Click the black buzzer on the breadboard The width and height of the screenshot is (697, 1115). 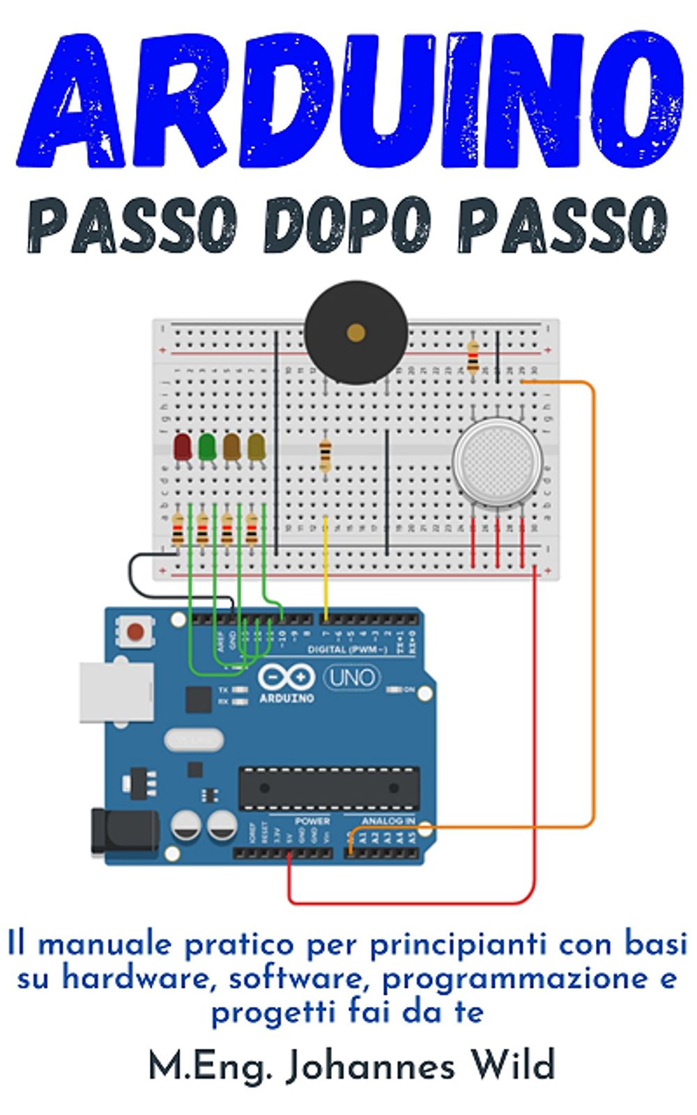[356, 332]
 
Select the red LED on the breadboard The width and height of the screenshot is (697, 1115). [182, 447]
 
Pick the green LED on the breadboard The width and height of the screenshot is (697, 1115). [207, 447]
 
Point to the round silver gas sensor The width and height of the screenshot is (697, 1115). [497, 460]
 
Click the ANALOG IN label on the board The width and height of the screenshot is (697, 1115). [388, 821]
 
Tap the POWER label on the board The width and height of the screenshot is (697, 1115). [312, 821]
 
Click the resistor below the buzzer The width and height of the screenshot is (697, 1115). [325, 456]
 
